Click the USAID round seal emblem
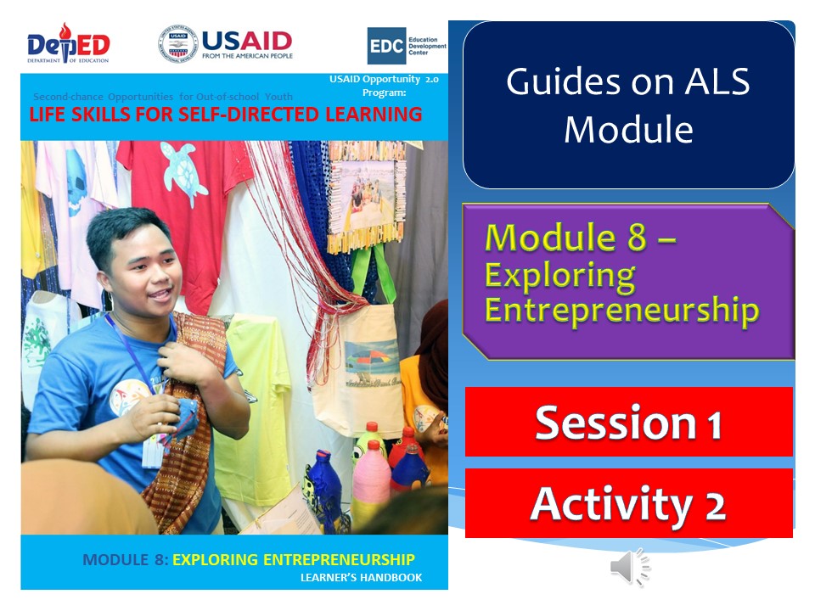[177, 43]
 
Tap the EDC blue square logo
[385, 46]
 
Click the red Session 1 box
[628, 422]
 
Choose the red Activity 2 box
[628, 503]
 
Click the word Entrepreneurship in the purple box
[621, 310]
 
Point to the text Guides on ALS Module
[628, 105]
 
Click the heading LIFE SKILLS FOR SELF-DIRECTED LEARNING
[226, 115]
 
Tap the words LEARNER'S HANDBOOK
[361, 578]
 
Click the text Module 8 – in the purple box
[580, 238]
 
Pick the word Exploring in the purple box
[559, 276]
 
